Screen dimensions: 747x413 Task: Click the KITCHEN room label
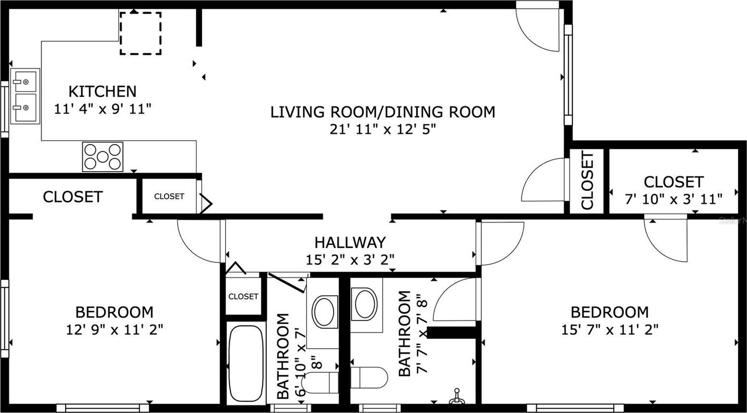click(102, 91)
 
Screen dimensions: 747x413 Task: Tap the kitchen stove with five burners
click(103, 157)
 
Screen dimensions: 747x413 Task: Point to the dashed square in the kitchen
click(141, 33)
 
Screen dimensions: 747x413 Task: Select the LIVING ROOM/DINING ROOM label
click(383, 112)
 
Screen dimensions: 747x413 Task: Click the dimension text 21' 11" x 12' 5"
click(383, 129)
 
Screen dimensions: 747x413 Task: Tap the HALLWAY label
click(350, 242)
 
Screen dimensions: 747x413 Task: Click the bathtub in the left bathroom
click(246, 364)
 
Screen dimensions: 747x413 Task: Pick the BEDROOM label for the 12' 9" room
click(114, 312)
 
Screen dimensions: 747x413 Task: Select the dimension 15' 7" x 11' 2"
click(610, 330)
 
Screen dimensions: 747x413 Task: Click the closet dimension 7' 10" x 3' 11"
click(674, 199)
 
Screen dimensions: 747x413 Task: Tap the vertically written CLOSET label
click(587, 181)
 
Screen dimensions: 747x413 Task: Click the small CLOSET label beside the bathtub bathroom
click(244, 296)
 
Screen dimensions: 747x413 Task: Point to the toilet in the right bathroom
click(369, 378)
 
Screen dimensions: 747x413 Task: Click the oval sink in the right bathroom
click(366, 304)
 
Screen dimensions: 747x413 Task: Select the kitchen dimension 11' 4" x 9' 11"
click(103, 109)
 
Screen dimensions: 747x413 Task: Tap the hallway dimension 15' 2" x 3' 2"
click(350, 259)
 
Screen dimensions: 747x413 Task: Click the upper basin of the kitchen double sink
click(25, 81)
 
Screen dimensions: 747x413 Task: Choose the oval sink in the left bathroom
click(324, 312)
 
